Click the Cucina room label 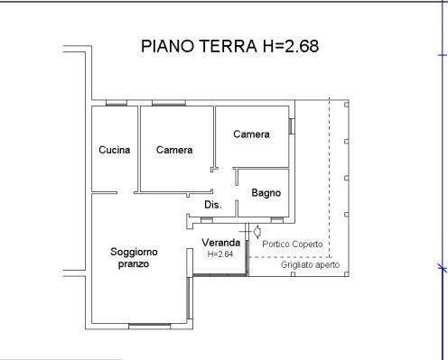click(115, 150)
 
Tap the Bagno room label click(266, 193)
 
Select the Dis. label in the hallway click(213, 205)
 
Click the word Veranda click(221, 243)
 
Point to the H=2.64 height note click(220, 254)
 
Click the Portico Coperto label click(293, 244)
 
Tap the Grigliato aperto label click(310, 264)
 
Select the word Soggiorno click(134, 252)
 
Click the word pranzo click(134, 264)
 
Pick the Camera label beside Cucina click(174, 150)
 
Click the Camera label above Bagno click(251, 134)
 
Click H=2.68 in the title click(291, 46)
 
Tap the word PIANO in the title click(168, 46)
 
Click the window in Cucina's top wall click(117, 103)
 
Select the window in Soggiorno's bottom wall click(150, 326)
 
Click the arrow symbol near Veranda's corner click(257, 232)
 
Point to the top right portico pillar click(347, 105)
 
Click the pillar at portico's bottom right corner click(347, 274)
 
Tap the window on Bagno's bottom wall click(277, 220)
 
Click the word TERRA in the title click(229, 46)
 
